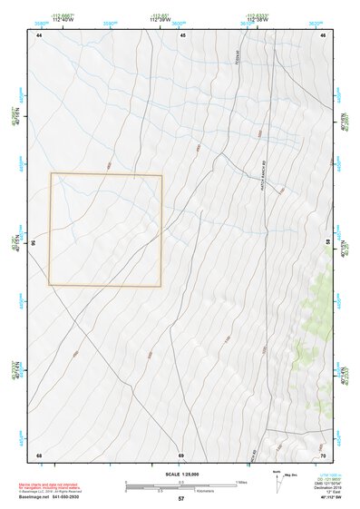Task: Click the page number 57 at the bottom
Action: [181, 499]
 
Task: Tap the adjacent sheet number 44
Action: [40, 34]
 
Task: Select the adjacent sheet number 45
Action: [182, 34]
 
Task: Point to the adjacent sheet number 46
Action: [323, 34]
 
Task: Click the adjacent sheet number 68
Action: [40, 455]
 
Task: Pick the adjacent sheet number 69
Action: [181, 455]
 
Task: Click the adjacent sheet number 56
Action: [34, 243]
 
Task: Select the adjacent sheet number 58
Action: [327, 242]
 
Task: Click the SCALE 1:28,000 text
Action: [180, 474]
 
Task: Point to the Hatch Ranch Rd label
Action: [262, 181]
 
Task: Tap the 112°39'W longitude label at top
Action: [161, 20]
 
